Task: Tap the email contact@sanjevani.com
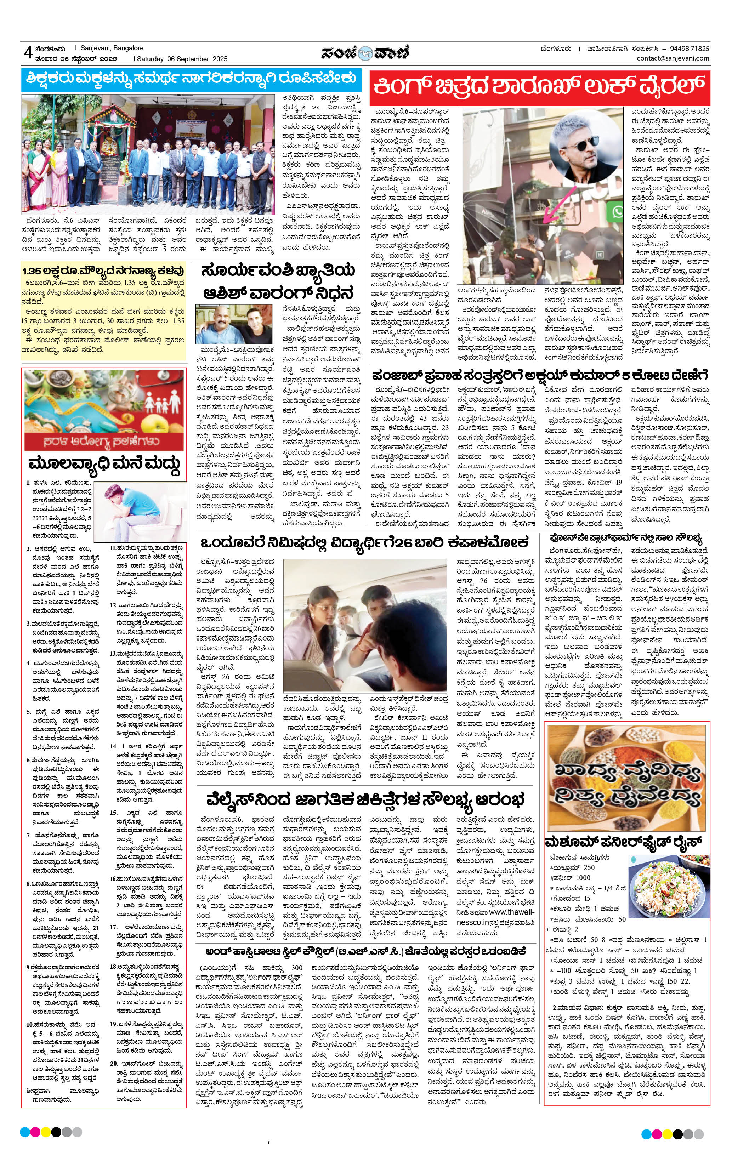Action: click(x=673, y=58)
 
